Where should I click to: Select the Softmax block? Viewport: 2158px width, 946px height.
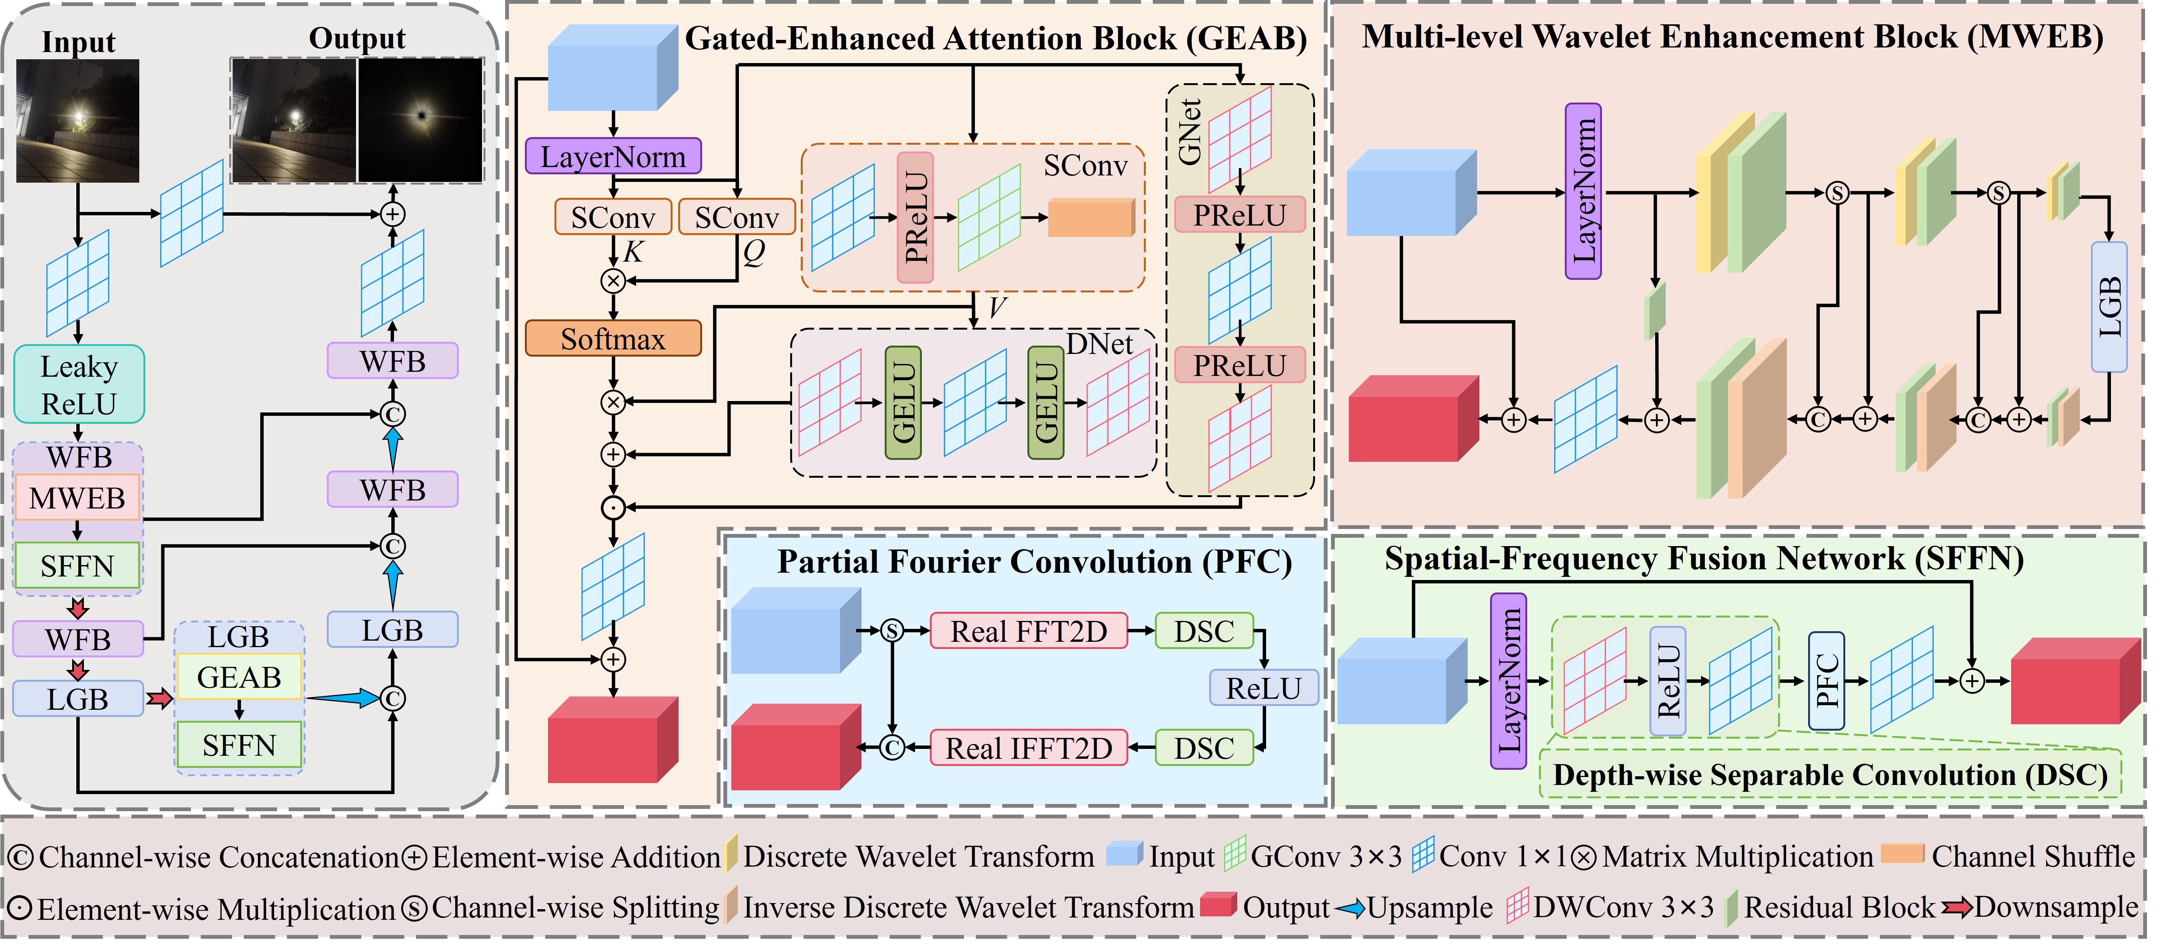613,340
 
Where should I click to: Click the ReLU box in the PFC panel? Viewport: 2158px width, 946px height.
1263,688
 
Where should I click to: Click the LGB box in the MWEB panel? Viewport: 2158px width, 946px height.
2109,307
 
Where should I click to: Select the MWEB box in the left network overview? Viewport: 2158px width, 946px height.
77,499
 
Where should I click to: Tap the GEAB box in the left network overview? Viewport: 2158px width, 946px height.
239,677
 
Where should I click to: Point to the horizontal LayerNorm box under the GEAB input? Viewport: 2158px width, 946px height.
613,157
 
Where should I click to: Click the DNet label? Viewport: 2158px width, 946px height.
1099,344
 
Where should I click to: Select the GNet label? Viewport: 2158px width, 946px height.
1189,133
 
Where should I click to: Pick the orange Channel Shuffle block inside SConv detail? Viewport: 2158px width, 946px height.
1091,218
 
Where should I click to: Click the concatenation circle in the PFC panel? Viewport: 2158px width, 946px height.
892,747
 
